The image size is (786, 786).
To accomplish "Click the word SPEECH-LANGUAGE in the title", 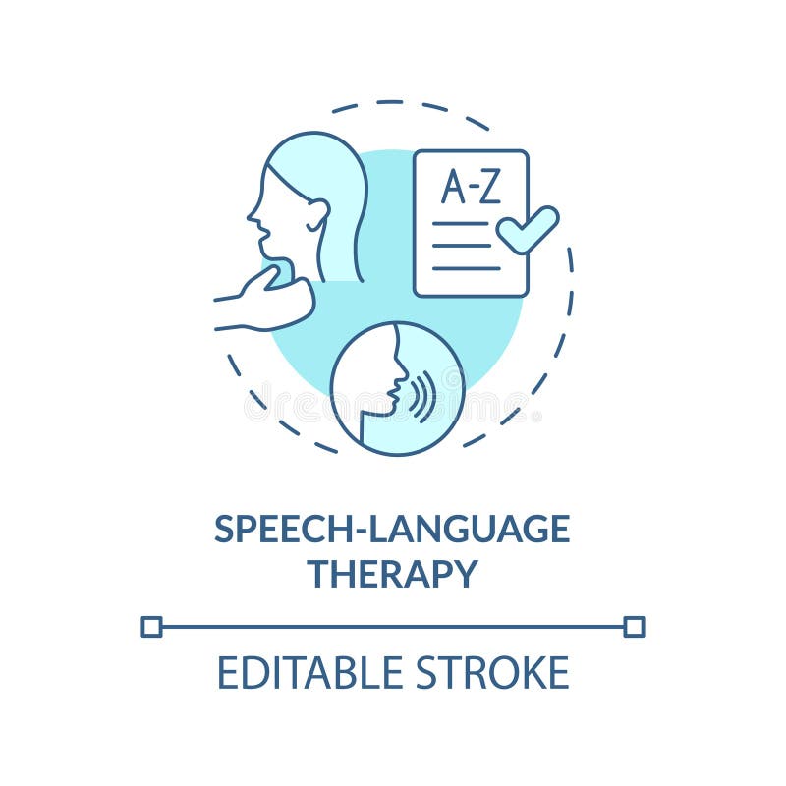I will [392, 530].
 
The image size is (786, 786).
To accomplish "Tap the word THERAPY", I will [392, 574].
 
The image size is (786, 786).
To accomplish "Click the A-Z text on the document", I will [470, 187].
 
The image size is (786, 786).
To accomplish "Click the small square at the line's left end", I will [151, 626].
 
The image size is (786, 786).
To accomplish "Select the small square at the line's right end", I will [634, 626].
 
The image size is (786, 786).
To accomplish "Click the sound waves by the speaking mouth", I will [424, 395].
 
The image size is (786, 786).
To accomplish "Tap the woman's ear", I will [316, 213].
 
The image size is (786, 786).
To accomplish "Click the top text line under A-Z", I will [460, 224].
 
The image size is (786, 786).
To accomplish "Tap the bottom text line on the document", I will [466, 267].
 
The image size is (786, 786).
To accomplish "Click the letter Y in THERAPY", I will [464, 574].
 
